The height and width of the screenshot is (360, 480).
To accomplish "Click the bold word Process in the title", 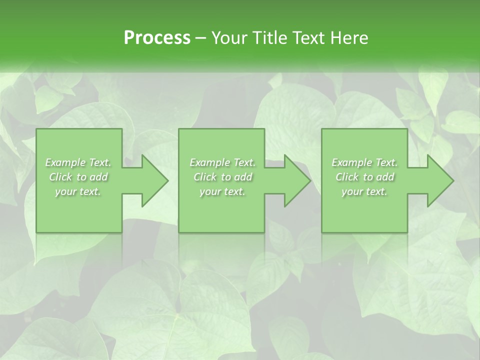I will click(x=157, y=38).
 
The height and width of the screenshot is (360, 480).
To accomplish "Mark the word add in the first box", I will click(x=99, y=177).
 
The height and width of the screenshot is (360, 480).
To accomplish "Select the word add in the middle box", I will click(x=243, y=177).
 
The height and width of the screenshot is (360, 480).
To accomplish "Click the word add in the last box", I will click(x=385, y=177).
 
